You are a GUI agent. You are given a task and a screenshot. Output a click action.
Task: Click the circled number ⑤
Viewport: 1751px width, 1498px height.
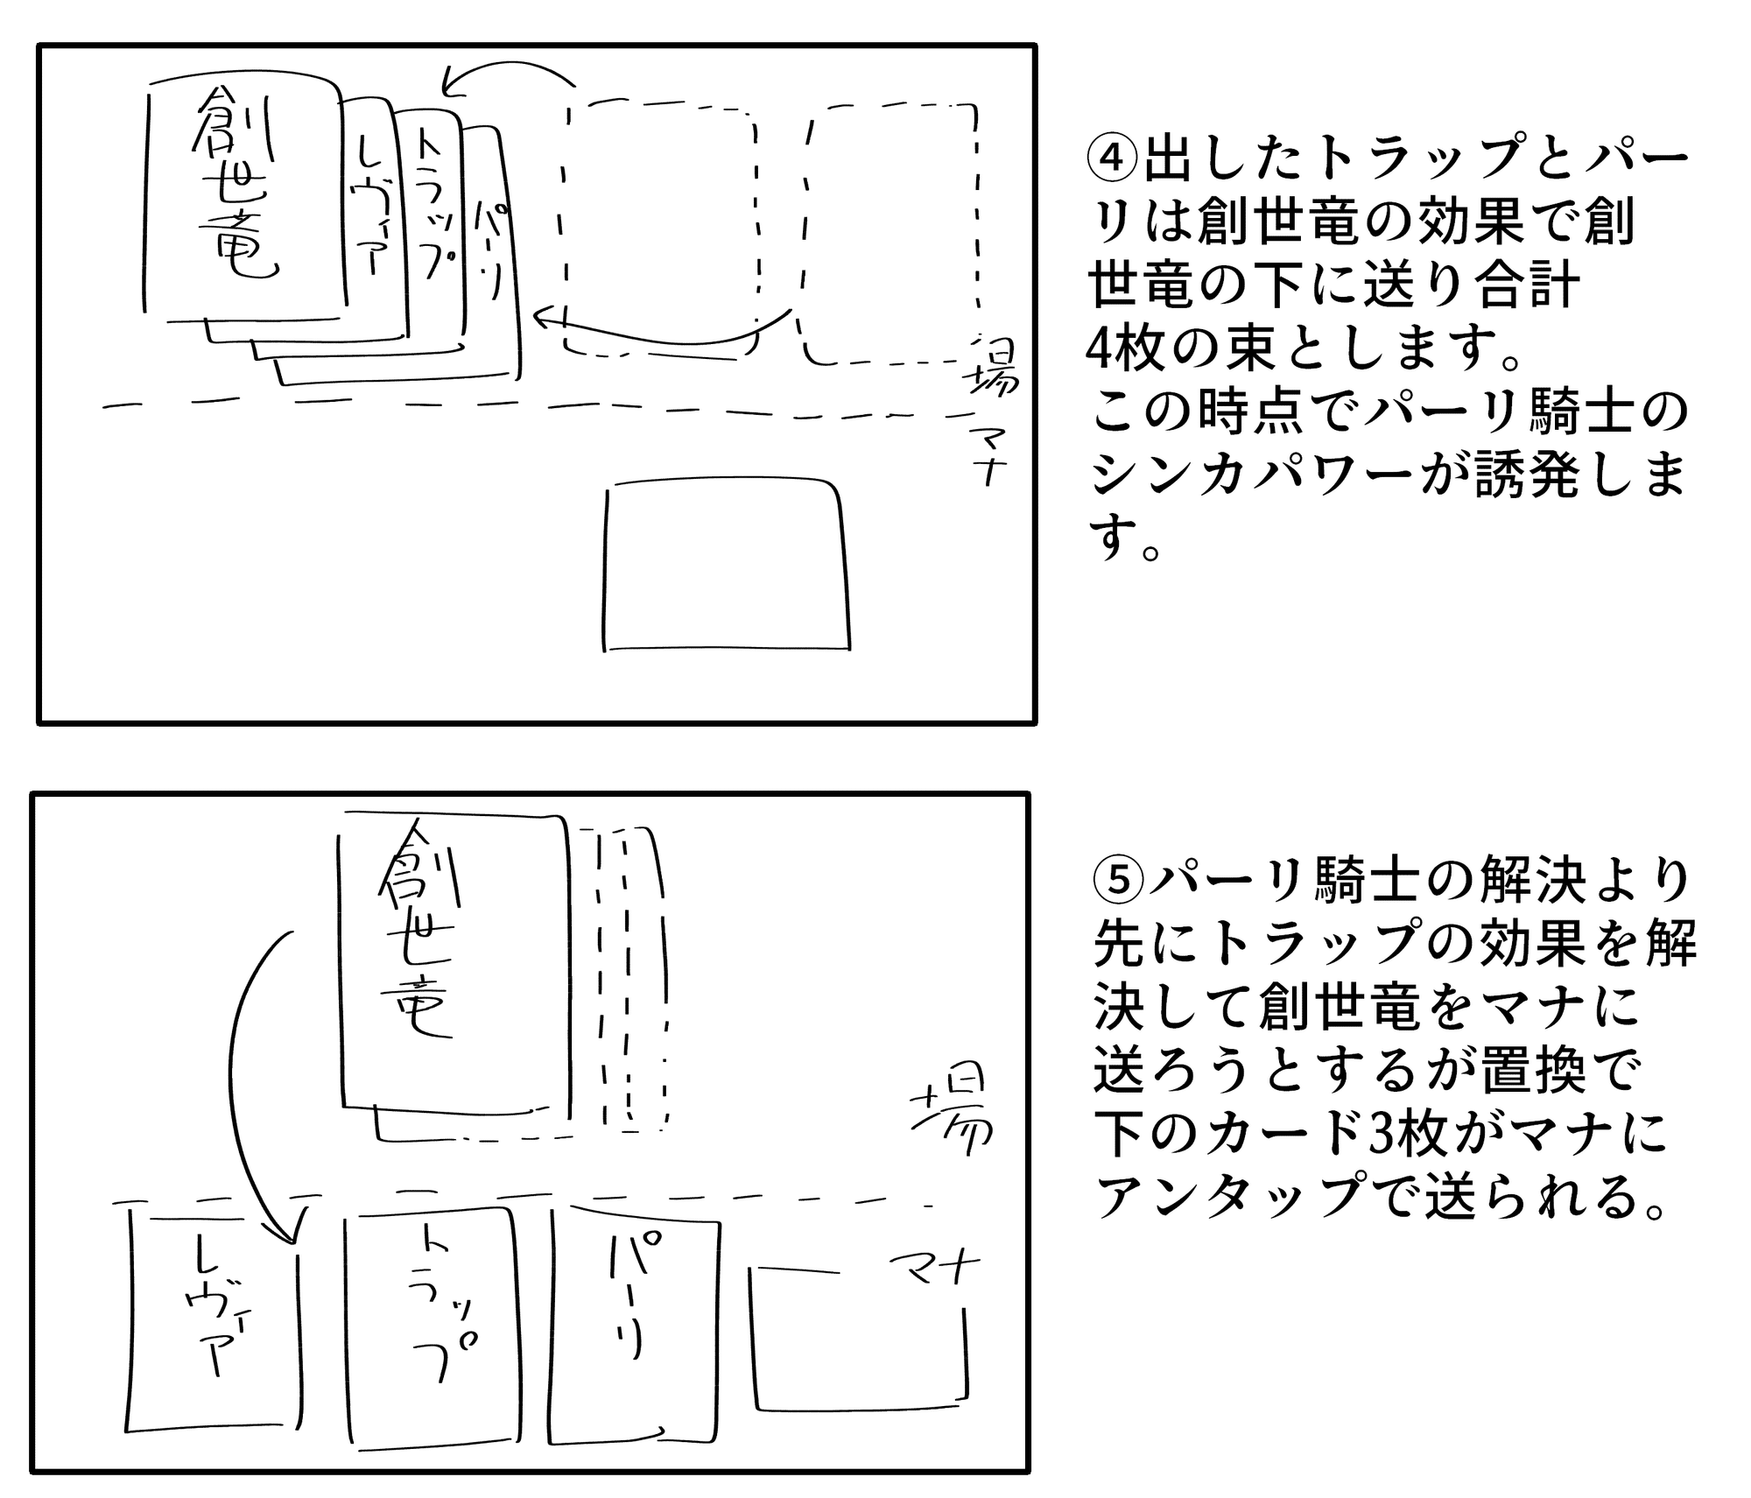pos(1119,882)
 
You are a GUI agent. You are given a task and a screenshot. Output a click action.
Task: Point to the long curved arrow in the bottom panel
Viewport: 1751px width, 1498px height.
pos(241,1077)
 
